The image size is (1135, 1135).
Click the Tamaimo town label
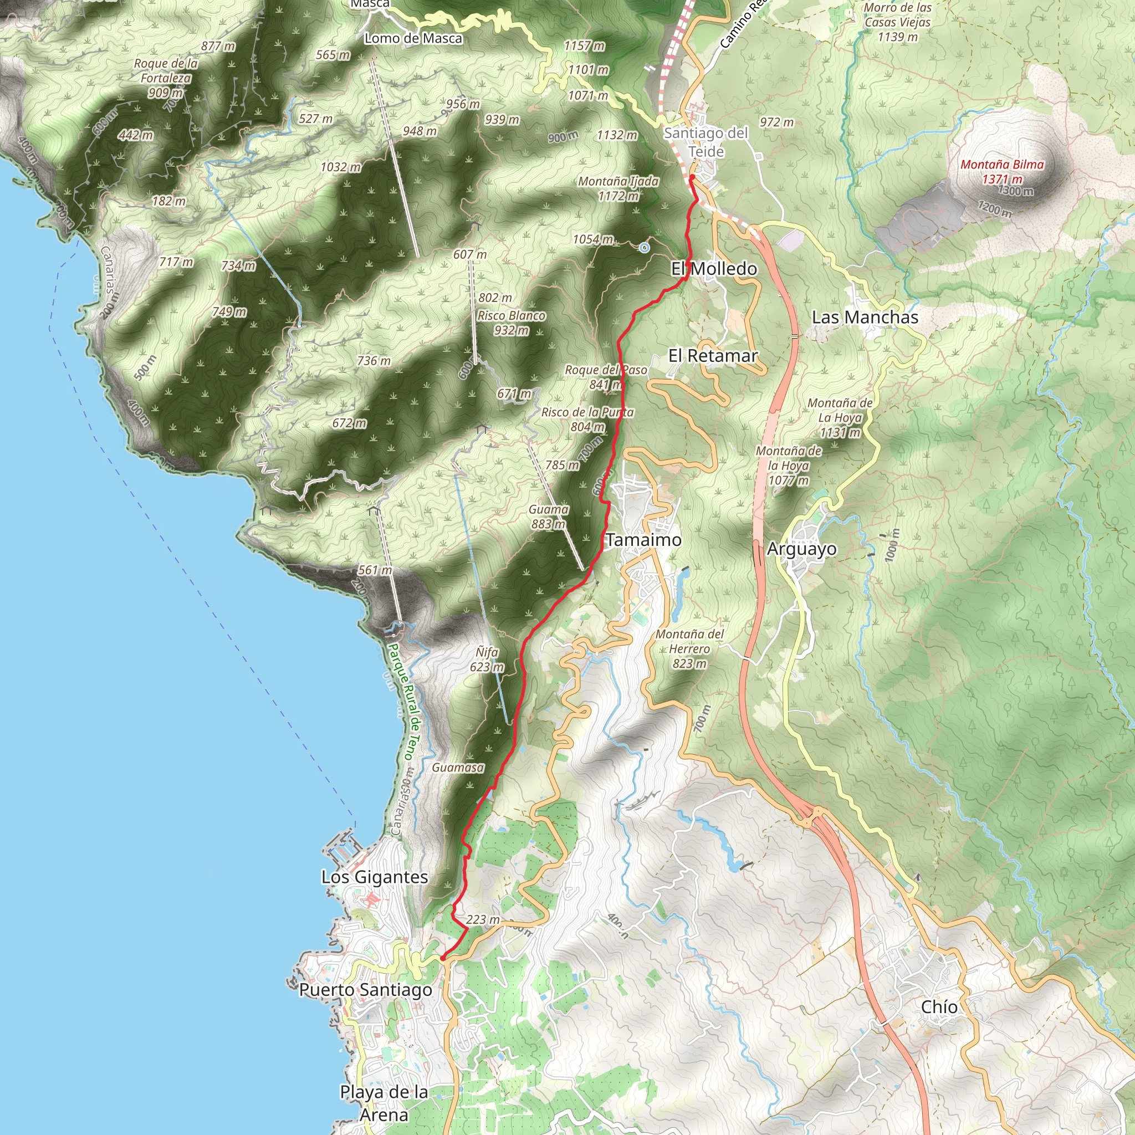643,540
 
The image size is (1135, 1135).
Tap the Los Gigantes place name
374,877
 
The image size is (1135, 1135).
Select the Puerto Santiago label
365,990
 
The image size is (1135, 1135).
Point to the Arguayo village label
801,549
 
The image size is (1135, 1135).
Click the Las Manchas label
865,317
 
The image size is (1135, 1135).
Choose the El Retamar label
713,355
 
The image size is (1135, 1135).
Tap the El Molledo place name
714,268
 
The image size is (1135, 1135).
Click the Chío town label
939,1006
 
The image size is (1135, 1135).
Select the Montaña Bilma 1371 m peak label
1001,172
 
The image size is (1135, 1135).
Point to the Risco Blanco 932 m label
511,323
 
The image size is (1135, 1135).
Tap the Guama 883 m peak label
548,517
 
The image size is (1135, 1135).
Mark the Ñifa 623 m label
487,659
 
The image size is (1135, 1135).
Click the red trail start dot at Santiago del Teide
692,177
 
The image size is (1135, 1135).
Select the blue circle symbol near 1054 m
645,248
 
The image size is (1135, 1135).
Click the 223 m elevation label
483,919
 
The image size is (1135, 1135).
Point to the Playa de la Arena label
384,1103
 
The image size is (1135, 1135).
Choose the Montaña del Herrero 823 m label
689,648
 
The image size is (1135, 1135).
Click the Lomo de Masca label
413,39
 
